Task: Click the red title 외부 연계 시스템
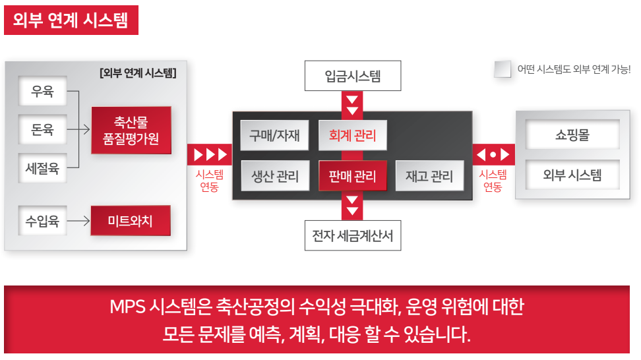pyautogui.click(x=71, y=20)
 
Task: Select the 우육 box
pyautogui.click(x=42, y=91)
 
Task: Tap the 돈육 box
pyautogui.click(x=42, y=129)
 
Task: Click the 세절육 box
pyautogui.click(x=42, y=168)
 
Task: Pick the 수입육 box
pyautogui.click(x=42, y=221)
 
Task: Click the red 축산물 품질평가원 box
pyautogui.click(x=131, y=131)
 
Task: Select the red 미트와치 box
pyautogui.click(x=131, y=221)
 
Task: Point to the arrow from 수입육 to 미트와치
pyautogui.click(x=78, y=221)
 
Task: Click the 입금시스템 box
pyautogui.click(x=353, y=76)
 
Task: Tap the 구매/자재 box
pyautogui.click(x=274, y=135)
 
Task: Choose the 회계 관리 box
pyautogui.click(x=352, y=135)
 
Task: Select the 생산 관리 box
pyautogui.click(x=275, y=175)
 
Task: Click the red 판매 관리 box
pyautogui.click(x=352, y=175)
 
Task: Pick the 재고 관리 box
pyautogui.click(x=429, y=175)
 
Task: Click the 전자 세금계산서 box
pyautogui.click(x=353, y=235)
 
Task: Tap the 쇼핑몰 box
pyautogui.click(x=572, y=135)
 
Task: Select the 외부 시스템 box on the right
pyautogui.click(x=572, y=175)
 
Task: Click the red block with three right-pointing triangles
pyautogui.click(x=210, y=154)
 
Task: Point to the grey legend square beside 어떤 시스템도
pyautogui.click(x=503, y=69)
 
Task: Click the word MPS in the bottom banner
pyautogui.click(x=127, y=307)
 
